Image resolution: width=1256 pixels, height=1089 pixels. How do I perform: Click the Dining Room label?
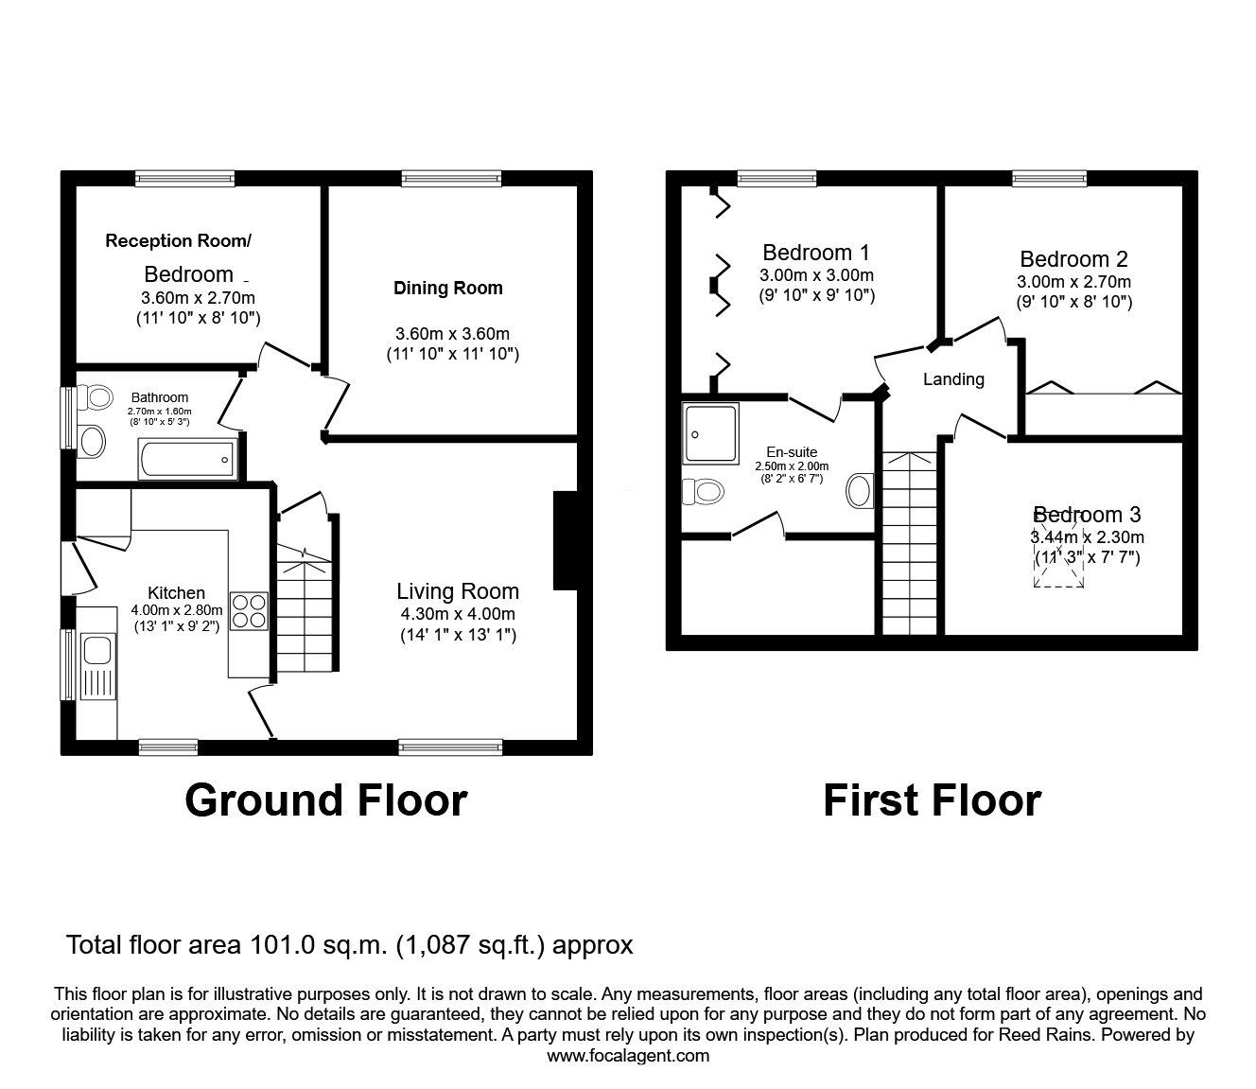[x=447, y=289]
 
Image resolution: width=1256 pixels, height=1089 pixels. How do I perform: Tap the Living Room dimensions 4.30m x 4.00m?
[x=457, y=616]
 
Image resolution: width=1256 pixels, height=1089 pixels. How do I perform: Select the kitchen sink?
[x=96, y=651]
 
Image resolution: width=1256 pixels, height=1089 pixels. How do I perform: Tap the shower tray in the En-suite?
[x=711, y=433]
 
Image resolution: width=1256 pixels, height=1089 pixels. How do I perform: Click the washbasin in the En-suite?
[x=861, y=490]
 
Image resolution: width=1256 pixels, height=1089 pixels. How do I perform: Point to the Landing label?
[x=953, y=379]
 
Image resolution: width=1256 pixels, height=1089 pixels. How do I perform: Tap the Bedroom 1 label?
[x=816, y=253]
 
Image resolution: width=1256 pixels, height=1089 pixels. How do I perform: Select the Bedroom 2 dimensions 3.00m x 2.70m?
[x=1073, y=282]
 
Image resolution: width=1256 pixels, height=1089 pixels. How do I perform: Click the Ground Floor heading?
[x=325, y=800]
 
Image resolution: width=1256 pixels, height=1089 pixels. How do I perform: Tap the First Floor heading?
[x=932, y=800]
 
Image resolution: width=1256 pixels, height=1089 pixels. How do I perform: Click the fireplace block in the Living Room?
[x=565, y=540]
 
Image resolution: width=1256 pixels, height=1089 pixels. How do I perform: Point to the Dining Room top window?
[x=451, y=177]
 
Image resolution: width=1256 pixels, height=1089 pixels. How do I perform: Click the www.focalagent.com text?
[x=628, y=1055]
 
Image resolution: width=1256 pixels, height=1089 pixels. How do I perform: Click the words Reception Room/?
[x=179, y=241]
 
